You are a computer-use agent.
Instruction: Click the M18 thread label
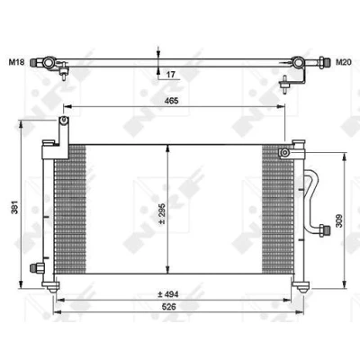[16, 62]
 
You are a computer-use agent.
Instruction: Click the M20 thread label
[344, 62]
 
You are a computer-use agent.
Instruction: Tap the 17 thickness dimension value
[170, 74]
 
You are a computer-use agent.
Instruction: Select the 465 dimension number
[172, 101]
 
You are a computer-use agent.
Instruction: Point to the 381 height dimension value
[14, 207]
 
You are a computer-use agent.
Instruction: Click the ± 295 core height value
[162, 213]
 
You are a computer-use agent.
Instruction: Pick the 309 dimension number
[339, 220]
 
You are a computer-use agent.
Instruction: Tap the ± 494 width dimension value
[168, 294]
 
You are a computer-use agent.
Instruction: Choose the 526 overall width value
[169, 307]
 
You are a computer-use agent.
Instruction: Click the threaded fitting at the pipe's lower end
[325, 230]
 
